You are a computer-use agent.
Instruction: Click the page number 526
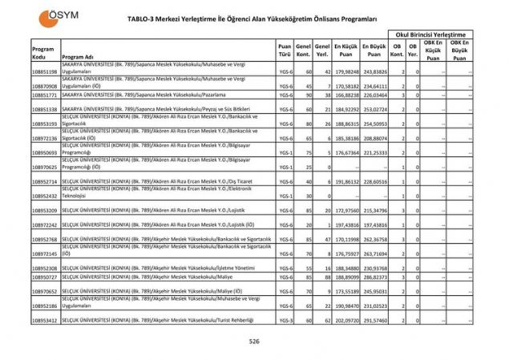(x=254, y=341)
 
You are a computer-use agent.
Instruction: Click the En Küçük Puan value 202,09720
(x=347, y=320)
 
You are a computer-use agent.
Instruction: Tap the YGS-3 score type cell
(x=285, y=320)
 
